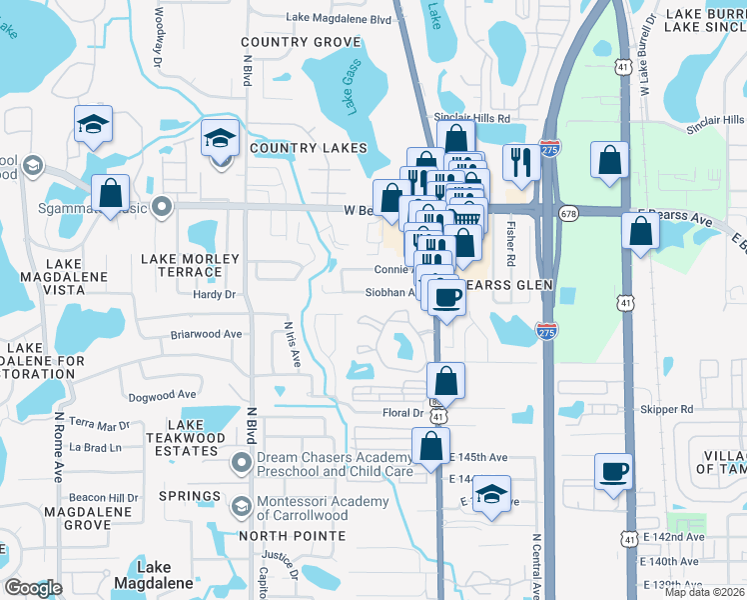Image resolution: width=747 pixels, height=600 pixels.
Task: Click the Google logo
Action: click(33, 588)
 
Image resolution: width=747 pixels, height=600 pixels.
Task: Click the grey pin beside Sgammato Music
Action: click(161, 208)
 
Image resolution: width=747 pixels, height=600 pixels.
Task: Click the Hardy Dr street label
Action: click(215, 295)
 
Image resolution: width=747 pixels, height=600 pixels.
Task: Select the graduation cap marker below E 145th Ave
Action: click(490, 494)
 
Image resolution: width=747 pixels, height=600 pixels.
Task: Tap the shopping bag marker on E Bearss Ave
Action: click(640, 231)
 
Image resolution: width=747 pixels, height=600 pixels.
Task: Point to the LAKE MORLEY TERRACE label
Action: click(190, 265)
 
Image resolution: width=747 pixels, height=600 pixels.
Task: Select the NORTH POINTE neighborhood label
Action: click(291, 536)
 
